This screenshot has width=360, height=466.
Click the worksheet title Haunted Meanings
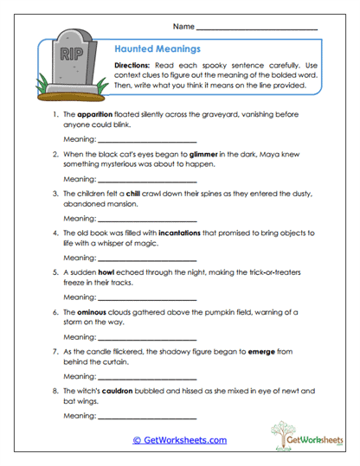(x=151, y=49)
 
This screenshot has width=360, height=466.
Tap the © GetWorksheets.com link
(x=179, y=440)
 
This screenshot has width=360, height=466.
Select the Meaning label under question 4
(x=80, y=258)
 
